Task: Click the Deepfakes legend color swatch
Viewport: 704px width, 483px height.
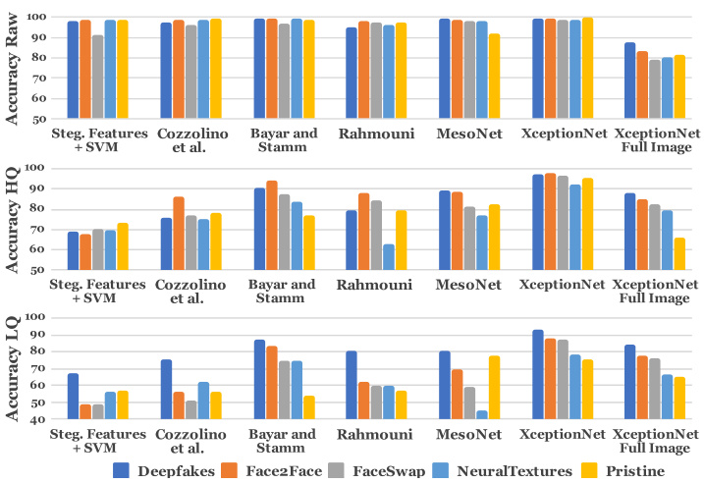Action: point(123,470)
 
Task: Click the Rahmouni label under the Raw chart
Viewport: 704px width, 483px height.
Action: point(378,134)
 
